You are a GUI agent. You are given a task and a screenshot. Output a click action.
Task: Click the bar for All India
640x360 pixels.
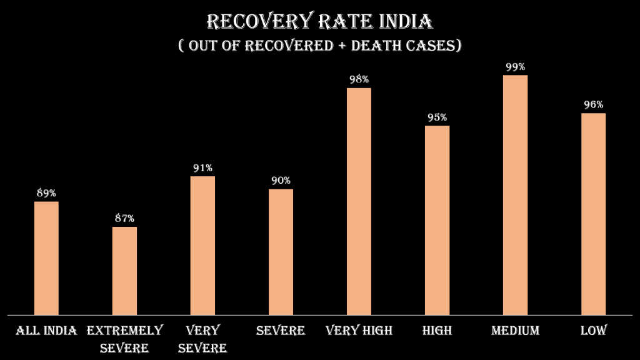(46, 257)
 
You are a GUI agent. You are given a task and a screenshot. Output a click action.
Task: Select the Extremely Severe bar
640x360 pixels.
(124, 270)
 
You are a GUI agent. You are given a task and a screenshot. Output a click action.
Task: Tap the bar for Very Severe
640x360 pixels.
(202, 245)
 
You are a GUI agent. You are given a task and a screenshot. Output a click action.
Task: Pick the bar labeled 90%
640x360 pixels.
(281, 251)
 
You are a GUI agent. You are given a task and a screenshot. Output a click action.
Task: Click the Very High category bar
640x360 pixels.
(359, 201)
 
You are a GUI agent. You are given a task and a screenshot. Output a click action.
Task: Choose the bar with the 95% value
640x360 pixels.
(437, 220)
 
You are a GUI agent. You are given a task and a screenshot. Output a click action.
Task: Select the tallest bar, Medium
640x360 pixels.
(515, 195)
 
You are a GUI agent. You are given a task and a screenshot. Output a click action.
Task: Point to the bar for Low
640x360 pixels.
(593, 214)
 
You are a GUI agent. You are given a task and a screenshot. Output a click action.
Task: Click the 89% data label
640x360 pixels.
(46, 193)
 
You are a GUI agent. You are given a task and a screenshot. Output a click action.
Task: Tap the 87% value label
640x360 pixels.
(124, 218)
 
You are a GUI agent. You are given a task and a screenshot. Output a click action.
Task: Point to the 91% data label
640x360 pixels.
(202, 167)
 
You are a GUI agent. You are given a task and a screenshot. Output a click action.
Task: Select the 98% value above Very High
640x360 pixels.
(359, 79)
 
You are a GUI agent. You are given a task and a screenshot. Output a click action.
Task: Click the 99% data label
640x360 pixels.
(515, 67)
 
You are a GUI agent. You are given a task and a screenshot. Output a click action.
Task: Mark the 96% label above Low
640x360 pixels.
(593, 104)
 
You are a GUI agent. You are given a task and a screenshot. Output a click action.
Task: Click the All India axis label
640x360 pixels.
(46, 331)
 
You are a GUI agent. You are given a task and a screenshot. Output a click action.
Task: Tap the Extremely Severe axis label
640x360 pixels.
(124, 338)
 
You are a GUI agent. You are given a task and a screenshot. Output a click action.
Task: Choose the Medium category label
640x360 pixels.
(515, 331)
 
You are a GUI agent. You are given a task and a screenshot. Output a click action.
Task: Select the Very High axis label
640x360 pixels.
(359, 331)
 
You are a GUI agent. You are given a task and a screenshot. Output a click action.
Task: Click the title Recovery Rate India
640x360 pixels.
(319, 22)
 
